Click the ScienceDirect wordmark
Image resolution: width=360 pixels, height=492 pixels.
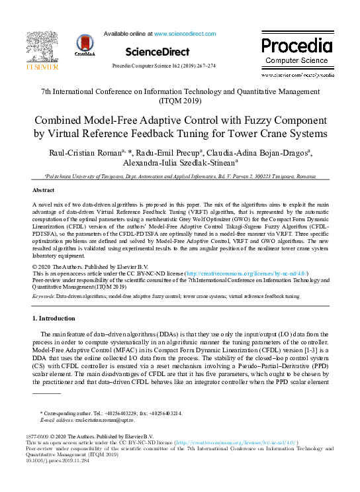157,51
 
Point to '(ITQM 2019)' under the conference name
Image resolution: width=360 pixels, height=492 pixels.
180,102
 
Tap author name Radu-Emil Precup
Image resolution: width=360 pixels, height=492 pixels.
170,153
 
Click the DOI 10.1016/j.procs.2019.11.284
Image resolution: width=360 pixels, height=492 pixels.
62,462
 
